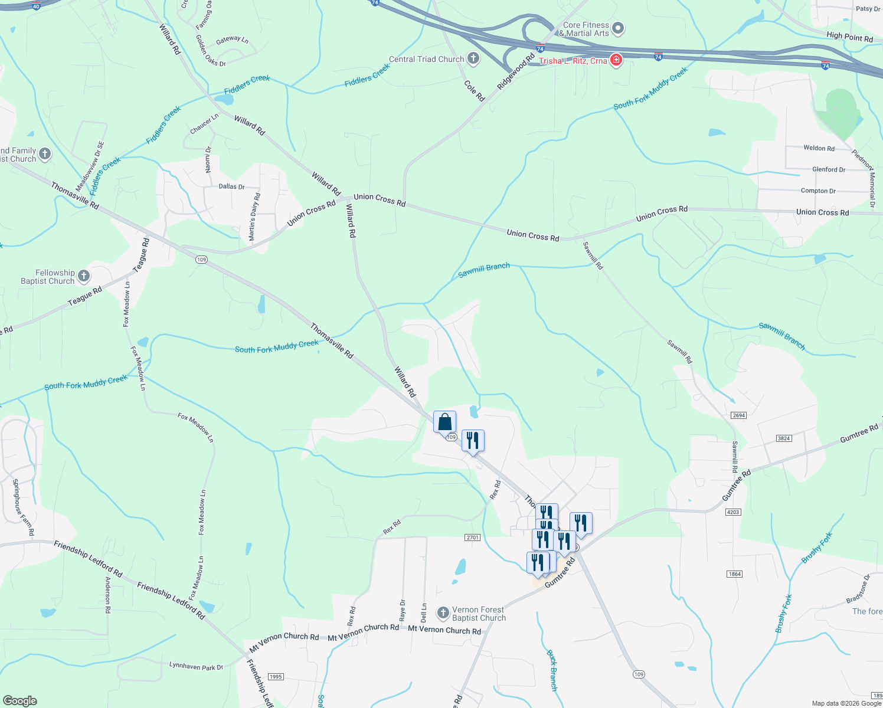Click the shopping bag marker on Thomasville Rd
coord(444,422)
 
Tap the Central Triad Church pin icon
coord(473,58)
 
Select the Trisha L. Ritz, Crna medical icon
coord(616,60)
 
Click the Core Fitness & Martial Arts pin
coord(618,28)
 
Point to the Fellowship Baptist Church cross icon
coord(84,276)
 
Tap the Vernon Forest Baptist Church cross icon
coord(443,613)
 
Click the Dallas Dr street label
coord(231,186)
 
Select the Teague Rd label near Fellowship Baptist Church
coord(84,296)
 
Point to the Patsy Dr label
coord(868,9)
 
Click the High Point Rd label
coord(849,37)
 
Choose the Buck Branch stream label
coord(552,670)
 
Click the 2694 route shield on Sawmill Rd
coord(739,415)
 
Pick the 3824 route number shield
coord(783,438)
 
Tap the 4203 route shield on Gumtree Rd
coord(733,512)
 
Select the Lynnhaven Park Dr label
coord(196,666)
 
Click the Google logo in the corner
coord(20,700)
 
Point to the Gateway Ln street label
coord(232,40)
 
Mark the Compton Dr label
coord(818,191)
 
